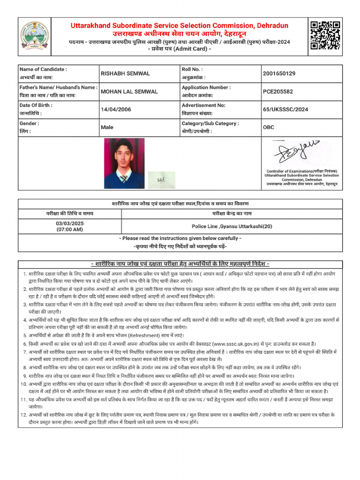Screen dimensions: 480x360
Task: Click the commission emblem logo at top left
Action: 34,36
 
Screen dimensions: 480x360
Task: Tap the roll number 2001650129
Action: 279,74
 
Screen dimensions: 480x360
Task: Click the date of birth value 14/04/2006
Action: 116,110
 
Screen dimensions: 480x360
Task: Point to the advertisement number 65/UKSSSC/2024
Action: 285,110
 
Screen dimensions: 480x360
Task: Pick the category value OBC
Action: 269,127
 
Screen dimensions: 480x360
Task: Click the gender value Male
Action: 107,127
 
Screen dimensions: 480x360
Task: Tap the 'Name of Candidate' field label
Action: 43,69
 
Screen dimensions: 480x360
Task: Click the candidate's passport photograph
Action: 124,163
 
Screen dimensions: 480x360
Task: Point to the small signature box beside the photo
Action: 161,179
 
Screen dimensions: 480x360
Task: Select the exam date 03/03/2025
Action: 69,223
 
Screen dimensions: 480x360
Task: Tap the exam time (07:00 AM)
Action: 69,230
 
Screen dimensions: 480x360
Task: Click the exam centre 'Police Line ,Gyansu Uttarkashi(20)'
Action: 232,226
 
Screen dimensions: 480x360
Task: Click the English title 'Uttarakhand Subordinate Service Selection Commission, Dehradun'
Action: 180,26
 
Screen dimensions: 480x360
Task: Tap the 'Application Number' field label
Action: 206,87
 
